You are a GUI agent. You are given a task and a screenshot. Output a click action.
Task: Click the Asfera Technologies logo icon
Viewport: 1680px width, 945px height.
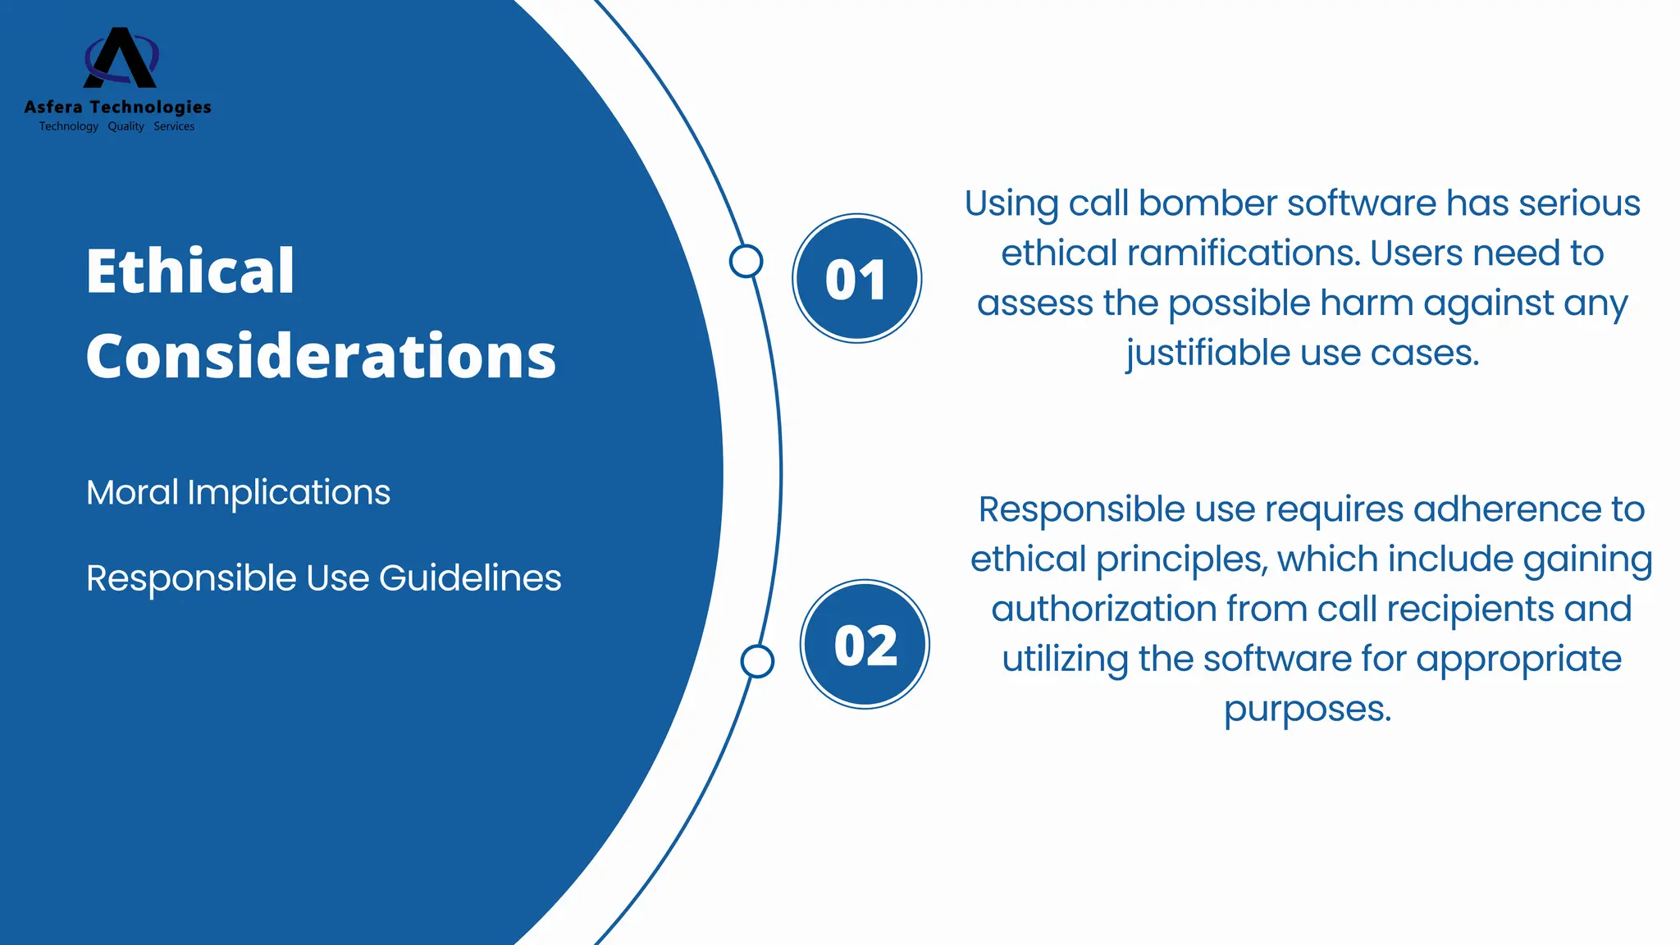[121, 57]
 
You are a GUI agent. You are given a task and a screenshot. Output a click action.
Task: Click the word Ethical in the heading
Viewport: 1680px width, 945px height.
[189, 271]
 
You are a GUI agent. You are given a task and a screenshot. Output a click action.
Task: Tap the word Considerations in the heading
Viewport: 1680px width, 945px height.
[321, 356]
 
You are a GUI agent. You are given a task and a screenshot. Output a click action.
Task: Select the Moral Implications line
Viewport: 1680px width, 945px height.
[238, 492]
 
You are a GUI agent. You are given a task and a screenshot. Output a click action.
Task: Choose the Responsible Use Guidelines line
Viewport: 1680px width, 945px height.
[323, 577]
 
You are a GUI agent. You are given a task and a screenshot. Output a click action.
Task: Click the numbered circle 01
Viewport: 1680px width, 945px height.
[856, 279]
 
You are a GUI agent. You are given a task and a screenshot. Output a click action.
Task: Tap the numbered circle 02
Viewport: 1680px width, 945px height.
[865, 645]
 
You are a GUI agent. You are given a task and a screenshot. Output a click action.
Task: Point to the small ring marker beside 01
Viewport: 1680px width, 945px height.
[746, 261]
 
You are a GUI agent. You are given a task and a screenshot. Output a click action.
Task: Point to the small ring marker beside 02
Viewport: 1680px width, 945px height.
[757, 661]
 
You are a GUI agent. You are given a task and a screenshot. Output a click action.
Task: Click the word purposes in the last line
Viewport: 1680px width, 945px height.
[1308, 710]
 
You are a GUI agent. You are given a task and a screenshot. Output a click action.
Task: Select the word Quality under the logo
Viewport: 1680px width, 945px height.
[126, 126]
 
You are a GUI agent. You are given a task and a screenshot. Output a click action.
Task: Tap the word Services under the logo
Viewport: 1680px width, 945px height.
[174, 126]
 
